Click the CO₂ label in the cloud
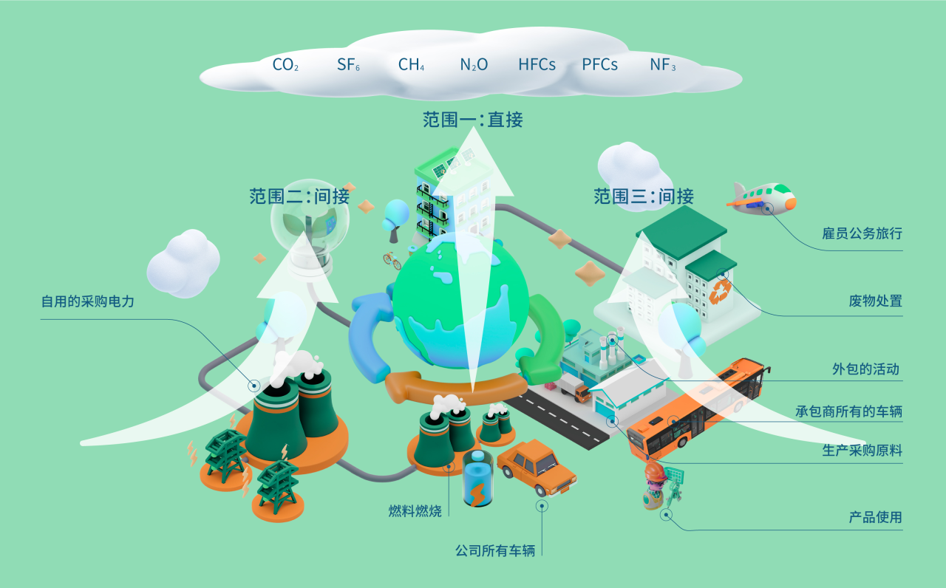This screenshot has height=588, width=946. click(x=285, y=65)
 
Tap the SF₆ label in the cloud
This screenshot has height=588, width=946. click(x=348, y=65)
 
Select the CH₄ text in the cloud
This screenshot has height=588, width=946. click(x=411, y=65)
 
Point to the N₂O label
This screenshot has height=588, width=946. click(x=474, y=65)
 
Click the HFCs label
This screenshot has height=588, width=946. click(x=537, y=65)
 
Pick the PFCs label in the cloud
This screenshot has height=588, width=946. click(x=599, y=65)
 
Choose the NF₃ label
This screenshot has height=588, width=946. click(x=663, y=65)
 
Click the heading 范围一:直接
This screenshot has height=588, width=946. click(x=473, y=120)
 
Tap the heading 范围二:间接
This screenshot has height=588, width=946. click(x=299, y=196)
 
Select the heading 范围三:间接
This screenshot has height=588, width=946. click(x=644, y=196)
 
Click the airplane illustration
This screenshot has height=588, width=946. click(x=761, y=198)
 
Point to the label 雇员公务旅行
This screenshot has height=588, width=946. click(x=862, y=234)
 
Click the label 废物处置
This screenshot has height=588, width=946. click(x=876, y=301)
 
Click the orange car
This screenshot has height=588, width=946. click(x=537, y=467)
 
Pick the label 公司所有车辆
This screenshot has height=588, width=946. click(x=495, y=550)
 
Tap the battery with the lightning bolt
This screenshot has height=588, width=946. click(x=477, y=480)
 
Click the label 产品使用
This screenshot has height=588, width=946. click(x=876, y=517)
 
